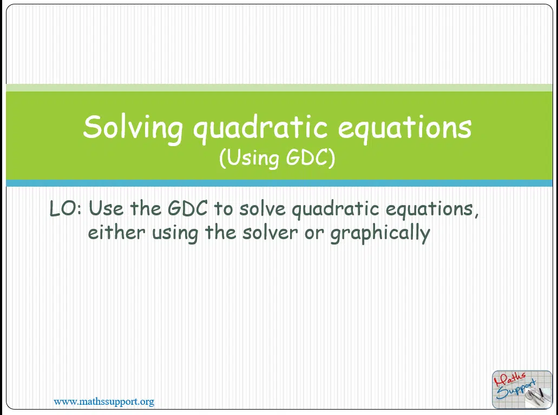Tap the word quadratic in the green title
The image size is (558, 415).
[x=260, y=128]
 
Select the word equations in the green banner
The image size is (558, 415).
[x=405, y=128]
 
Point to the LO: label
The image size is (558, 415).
[x=65, y=208]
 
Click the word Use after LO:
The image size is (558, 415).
[x=106, y=208]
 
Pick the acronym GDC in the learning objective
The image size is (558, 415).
[x=187, y=208]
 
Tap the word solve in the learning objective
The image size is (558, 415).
[x=262, y=208]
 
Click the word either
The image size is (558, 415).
[x=116, y=233]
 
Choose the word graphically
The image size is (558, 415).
[x=380, y=234]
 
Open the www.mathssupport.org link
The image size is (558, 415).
[x=104, y=402]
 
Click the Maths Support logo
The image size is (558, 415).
[x=522, y=390]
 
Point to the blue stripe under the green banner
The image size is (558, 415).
[x=279, y=183]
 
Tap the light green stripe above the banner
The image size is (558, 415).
[x=279, y=88]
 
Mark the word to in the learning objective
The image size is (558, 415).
[x=223, y=209]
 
